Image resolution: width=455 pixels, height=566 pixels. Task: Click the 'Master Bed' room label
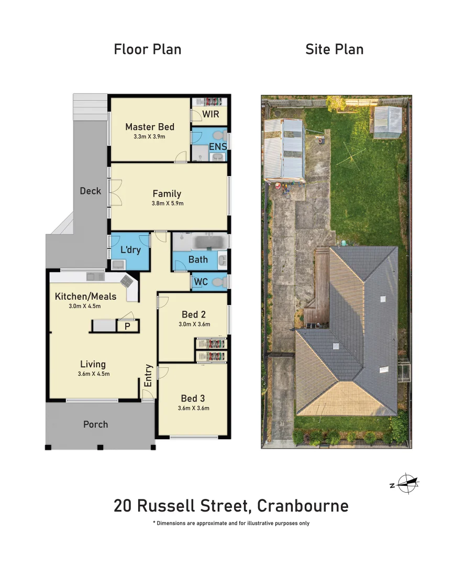[x=150, y=127]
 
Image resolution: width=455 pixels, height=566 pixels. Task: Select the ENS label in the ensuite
[x=218, y=147]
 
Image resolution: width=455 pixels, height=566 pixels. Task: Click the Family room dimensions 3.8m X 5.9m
[x=168, y=203]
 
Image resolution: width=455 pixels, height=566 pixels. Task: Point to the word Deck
[x=90, y=191]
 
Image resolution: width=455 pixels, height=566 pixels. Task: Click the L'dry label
[x=130, y=250]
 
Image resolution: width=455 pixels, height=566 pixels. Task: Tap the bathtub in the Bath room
[x=209, y=242]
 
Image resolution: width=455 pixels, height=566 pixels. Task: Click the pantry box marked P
[x=127, y=326]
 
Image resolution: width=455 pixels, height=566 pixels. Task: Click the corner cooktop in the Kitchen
[x=127, y=281]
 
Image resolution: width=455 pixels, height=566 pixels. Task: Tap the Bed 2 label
[x=193, y=314]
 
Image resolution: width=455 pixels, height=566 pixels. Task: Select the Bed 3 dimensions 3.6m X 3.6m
[x=193, y=408]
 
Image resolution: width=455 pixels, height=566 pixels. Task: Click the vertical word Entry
[x=148, y=375]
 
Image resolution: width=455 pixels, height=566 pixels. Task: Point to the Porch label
[x=95, y=424]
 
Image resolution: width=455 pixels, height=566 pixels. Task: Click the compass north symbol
[x=406, y=483]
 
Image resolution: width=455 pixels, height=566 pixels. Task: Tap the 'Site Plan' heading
[x=334, y=50]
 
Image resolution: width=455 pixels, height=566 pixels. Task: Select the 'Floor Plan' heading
[x=148, y=50]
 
